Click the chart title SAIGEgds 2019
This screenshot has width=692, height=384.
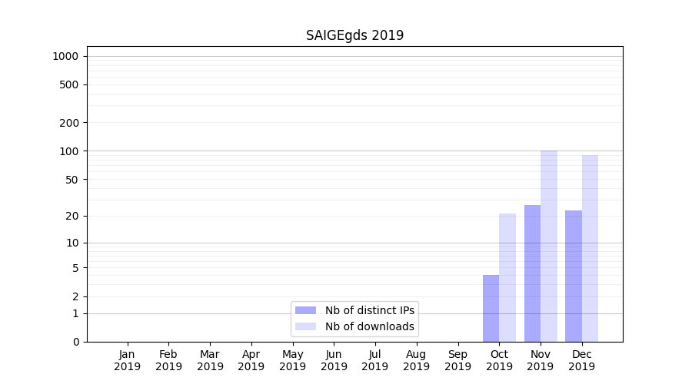354,35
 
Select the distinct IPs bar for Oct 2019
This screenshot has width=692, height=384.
491,308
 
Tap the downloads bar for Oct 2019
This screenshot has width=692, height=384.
507,277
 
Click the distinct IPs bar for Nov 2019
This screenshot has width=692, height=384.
532,273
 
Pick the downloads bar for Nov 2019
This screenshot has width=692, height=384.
549,246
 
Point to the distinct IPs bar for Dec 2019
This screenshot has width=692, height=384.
574,276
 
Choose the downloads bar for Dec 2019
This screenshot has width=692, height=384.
590,248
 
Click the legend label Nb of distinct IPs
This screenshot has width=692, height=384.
369,310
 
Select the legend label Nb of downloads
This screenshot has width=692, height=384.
369,326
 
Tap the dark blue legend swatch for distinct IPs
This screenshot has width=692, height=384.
305,310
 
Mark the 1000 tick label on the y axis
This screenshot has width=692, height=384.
65,56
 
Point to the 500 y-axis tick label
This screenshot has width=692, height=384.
69,84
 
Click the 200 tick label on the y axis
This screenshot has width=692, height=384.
69,123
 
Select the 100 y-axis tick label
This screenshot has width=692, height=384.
69,151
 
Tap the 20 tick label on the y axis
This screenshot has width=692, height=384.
72,216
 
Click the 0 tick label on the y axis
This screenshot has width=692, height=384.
75,342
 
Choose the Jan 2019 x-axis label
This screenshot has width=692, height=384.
127,360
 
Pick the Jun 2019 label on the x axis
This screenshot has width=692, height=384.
334,360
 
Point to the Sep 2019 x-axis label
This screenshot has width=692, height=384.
457,360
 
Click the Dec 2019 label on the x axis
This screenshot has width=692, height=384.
581,360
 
